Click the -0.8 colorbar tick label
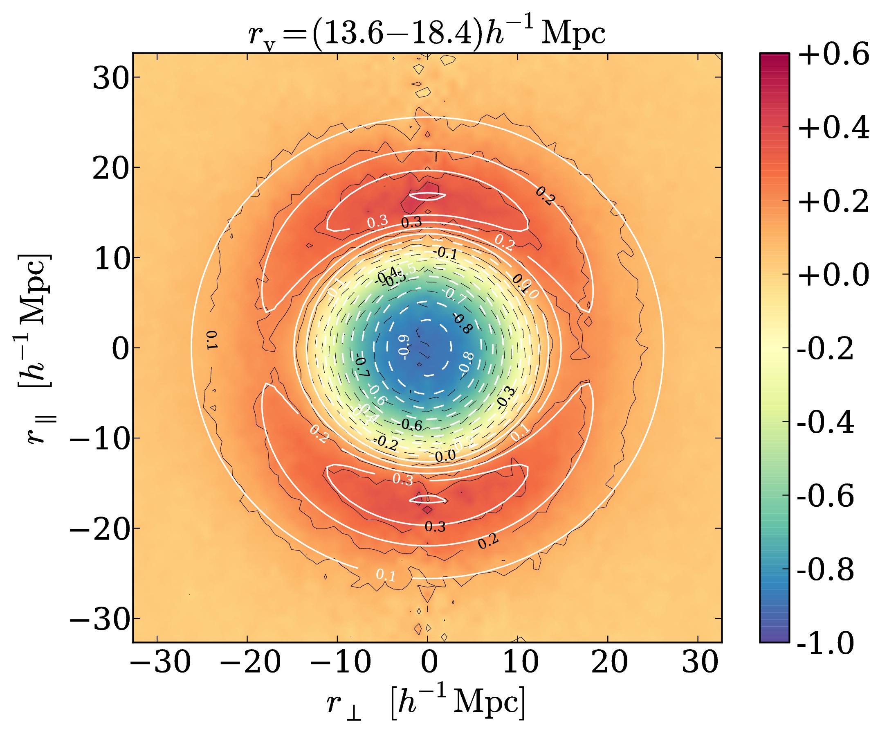[826, 569]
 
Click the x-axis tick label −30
[161, 662]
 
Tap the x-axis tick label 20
[610, 662]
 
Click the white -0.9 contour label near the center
[403, 345]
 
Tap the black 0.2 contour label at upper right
[545, 196]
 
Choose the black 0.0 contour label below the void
[445, 456]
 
